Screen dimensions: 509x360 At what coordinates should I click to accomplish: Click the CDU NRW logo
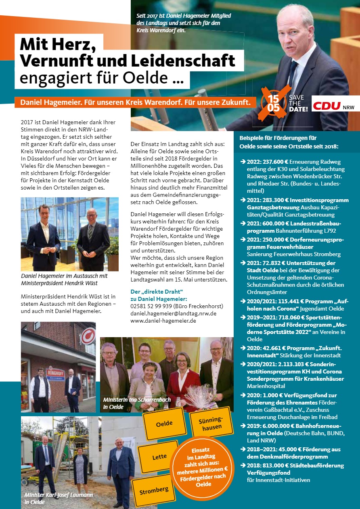coord(333,106)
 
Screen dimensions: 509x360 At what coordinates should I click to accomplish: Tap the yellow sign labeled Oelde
coord(164,423)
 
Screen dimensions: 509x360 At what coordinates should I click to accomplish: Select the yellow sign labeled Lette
coord(159,457)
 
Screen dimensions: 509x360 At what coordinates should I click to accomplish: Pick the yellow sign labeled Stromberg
coord(154,491)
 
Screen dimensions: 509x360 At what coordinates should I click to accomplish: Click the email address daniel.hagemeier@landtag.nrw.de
coord(174,313)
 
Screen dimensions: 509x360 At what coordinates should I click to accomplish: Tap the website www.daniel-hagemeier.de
coord(163,321)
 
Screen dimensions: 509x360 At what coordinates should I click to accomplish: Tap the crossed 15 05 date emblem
coord(273,103)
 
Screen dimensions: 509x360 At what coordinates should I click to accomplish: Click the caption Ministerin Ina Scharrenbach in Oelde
coord(137,403)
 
